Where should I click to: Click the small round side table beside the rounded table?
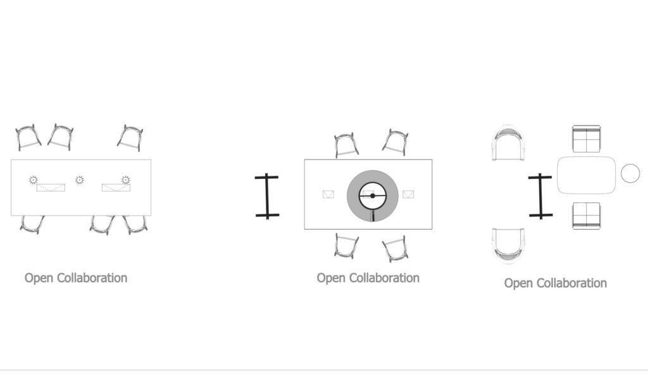click(630, 173)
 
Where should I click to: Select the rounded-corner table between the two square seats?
click(587, 175)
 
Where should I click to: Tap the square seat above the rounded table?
click(586, 139)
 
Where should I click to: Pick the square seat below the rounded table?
click(586, 215)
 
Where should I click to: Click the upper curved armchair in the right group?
click(508, 142)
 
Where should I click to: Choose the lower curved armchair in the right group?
click(508, 245)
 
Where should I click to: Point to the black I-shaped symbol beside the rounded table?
click(540, 195)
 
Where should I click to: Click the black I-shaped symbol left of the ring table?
click(267, 196)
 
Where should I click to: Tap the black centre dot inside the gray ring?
click(372, 196)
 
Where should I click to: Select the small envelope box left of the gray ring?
click(328, 194)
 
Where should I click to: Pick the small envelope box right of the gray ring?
click(408, 194)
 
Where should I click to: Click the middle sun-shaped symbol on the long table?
click(80, 180)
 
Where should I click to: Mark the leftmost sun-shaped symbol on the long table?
click(34, 180)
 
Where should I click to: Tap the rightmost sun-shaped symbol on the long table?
click(126, 180)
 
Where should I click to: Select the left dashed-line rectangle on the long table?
click(51, 187)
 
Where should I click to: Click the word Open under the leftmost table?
click(39, 278)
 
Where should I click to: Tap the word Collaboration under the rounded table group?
click(571, 283)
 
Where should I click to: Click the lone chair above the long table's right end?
click(130, 137)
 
